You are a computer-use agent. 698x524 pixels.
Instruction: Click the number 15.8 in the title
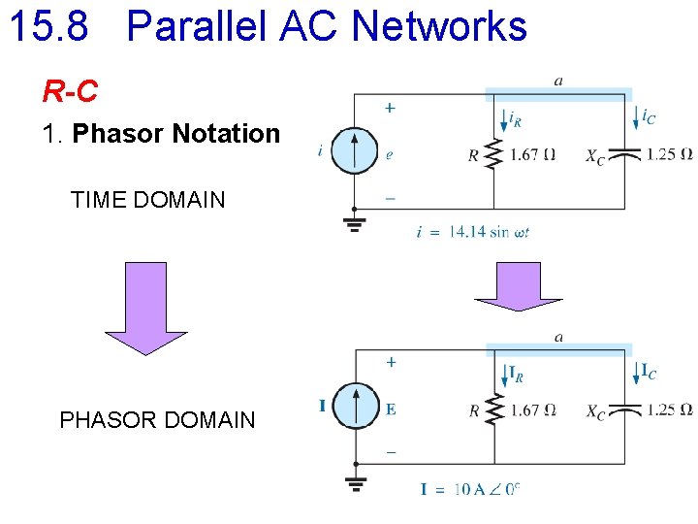[x=48, y=26]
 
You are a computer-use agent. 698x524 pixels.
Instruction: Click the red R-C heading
[x=70, y=92]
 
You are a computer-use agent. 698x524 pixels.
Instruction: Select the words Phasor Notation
[x=175, y=134]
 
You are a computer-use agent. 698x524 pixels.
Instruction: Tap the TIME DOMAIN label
[x=147, y=201]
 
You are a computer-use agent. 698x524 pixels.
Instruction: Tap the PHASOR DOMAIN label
[x=157, y=420]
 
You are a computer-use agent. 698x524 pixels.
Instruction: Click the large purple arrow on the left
[x=145, y=309]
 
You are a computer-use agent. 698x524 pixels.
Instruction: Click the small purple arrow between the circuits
[x=522, y=287]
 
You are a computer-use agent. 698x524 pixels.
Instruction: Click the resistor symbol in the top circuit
[x=494, y=153]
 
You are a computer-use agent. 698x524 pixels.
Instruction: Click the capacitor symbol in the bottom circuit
[x=629, y=409]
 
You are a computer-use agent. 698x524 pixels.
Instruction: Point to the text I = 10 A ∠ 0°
[x=470, y=488]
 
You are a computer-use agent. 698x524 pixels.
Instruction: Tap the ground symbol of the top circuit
[x=356, y=224]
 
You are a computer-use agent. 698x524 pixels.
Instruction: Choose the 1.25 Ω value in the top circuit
[x=670, y=153]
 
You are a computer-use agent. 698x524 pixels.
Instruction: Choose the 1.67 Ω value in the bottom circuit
[x=532, y=410]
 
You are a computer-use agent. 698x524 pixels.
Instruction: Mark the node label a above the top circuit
[x=558, y=81]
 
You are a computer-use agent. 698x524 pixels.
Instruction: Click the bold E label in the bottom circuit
[x=390, y=409]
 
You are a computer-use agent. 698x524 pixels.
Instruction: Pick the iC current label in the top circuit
[x=648, y=116]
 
